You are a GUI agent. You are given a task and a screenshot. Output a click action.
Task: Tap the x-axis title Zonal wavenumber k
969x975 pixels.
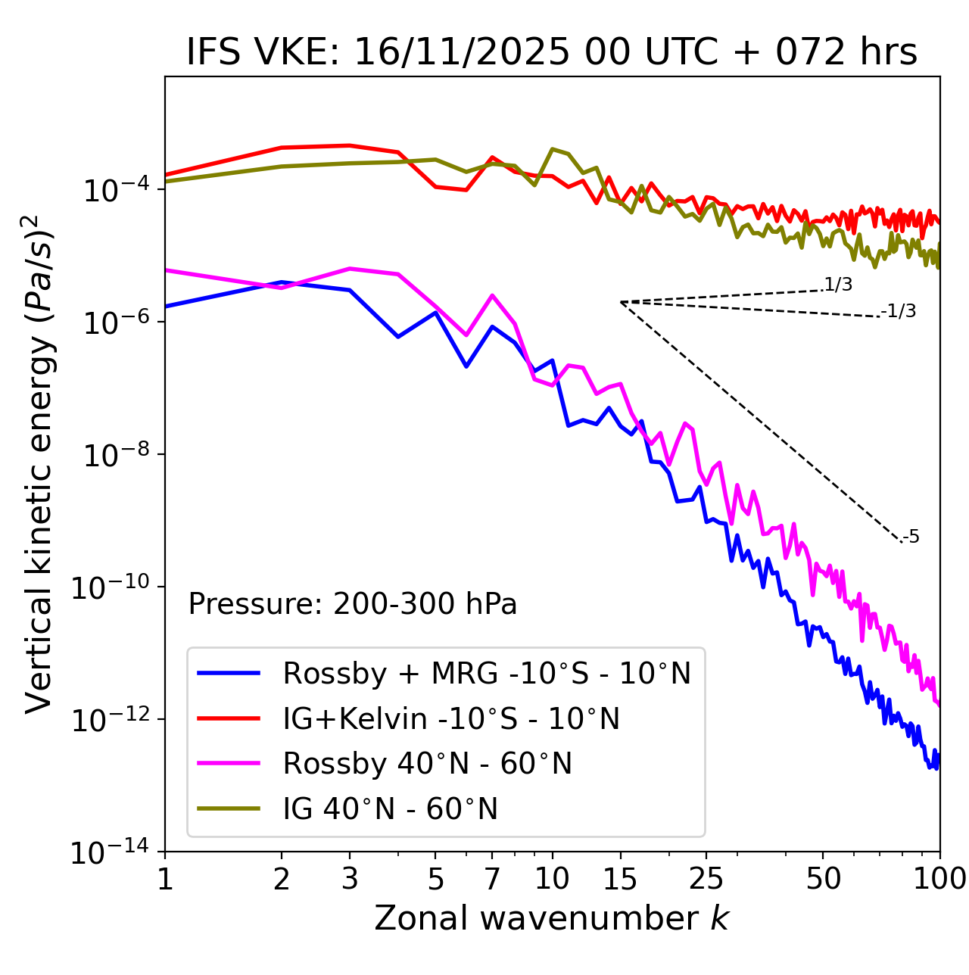click(552, 917)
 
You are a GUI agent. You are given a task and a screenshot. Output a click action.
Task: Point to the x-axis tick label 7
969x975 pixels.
click(492, 879)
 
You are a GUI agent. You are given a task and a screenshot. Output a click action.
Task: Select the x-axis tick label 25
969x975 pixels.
click(706, 879)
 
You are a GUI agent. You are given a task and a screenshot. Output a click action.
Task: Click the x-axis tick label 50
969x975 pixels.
click(823, 879)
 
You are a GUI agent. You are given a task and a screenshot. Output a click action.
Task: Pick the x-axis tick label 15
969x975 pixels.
click(620, 879)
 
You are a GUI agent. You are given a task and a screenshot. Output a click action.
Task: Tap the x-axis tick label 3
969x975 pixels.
click(350, 879)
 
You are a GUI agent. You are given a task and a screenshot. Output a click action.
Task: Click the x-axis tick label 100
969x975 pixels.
click(939, 879)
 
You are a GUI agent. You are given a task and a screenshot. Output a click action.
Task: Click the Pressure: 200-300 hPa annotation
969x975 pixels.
click(353, 604)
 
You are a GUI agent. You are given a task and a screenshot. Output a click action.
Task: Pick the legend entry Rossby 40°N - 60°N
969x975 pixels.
click(427, 764)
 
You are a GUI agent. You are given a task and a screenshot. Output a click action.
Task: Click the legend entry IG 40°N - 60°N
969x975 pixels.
click(391, 809)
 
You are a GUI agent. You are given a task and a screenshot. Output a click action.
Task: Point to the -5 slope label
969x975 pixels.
click(911, 537)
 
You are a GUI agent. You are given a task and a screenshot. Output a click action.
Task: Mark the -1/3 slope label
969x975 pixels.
click(899, 311)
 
